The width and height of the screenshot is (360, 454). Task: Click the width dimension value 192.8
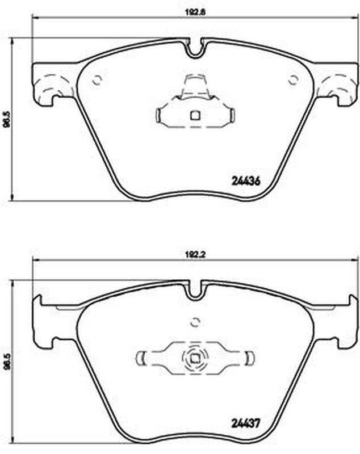click(195, 12)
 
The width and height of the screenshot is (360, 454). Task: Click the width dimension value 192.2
click(195, 255)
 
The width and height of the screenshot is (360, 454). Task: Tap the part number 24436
click(246, 181)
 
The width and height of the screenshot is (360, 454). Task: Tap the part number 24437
click(246, 423)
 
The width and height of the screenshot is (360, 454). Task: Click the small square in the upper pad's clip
click(195, 116)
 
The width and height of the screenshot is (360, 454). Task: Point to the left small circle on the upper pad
click(97, 80)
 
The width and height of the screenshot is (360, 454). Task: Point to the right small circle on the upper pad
click(293, 80)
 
